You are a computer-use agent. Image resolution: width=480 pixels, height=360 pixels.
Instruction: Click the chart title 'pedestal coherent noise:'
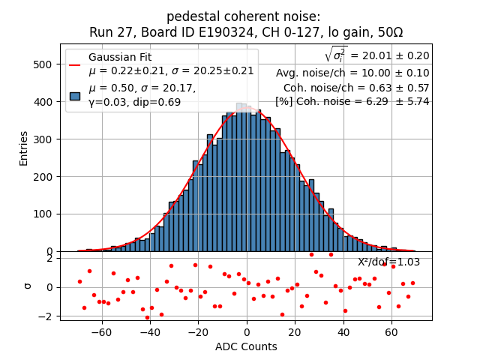click(243, 16)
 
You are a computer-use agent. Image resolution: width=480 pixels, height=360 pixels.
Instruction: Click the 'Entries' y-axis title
click(23, 148)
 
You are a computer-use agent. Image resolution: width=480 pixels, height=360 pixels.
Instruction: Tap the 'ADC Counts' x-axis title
click(246, 346)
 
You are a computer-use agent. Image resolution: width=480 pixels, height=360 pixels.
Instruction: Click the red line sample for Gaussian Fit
click(75, 64)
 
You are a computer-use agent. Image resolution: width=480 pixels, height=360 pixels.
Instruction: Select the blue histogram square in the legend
click(75, 95)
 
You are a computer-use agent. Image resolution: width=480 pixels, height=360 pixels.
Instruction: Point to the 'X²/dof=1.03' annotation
click(388, 262)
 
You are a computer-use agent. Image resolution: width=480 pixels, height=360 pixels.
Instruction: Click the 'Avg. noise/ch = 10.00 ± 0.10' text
click(352, 73)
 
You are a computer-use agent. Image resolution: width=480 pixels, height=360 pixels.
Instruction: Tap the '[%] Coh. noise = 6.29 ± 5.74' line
click(352, 101)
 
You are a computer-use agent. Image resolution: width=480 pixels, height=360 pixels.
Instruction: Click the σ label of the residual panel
click(27, 285)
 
